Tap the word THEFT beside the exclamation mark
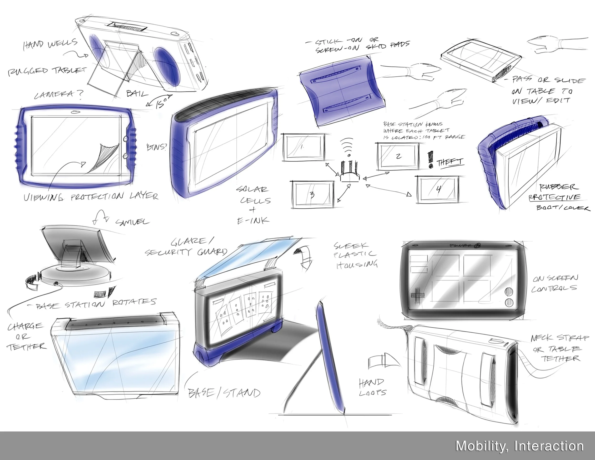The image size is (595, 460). pyautogui.click(x=450, y=163)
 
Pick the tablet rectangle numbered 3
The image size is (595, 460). pyautogui.click(x=313, y=195)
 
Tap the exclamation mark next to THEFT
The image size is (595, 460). pyautogui.click(x=431, y=160)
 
